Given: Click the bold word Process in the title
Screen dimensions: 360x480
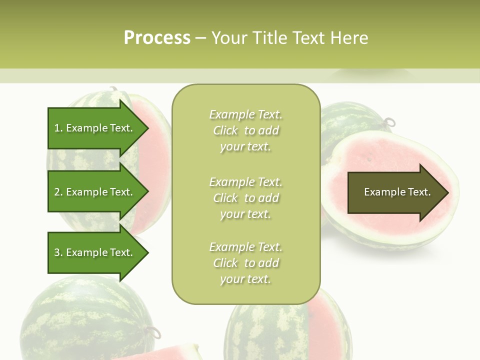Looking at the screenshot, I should point(157,37).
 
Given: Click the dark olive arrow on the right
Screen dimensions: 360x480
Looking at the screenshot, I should point(395,192).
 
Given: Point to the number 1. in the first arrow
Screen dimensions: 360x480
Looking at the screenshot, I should point(58,128).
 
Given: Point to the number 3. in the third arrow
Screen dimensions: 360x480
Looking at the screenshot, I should point(58,252).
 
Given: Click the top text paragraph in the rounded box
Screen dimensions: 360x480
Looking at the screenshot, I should point(246,130).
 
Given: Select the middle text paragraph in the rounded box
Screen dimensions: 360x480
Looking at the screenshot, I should point(246,198).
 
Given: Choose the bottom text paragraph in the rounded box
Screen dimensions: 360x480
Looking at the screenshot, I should point(246,263).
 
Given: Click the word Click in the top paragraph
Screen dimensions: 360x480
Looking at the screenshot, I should point(225,130).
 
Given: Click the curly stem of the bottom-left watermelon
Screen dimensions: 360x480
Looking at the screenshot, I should point(153,331).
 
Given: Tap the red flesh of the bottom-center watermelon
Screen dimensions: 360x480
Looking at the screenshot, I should point(325,320).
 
